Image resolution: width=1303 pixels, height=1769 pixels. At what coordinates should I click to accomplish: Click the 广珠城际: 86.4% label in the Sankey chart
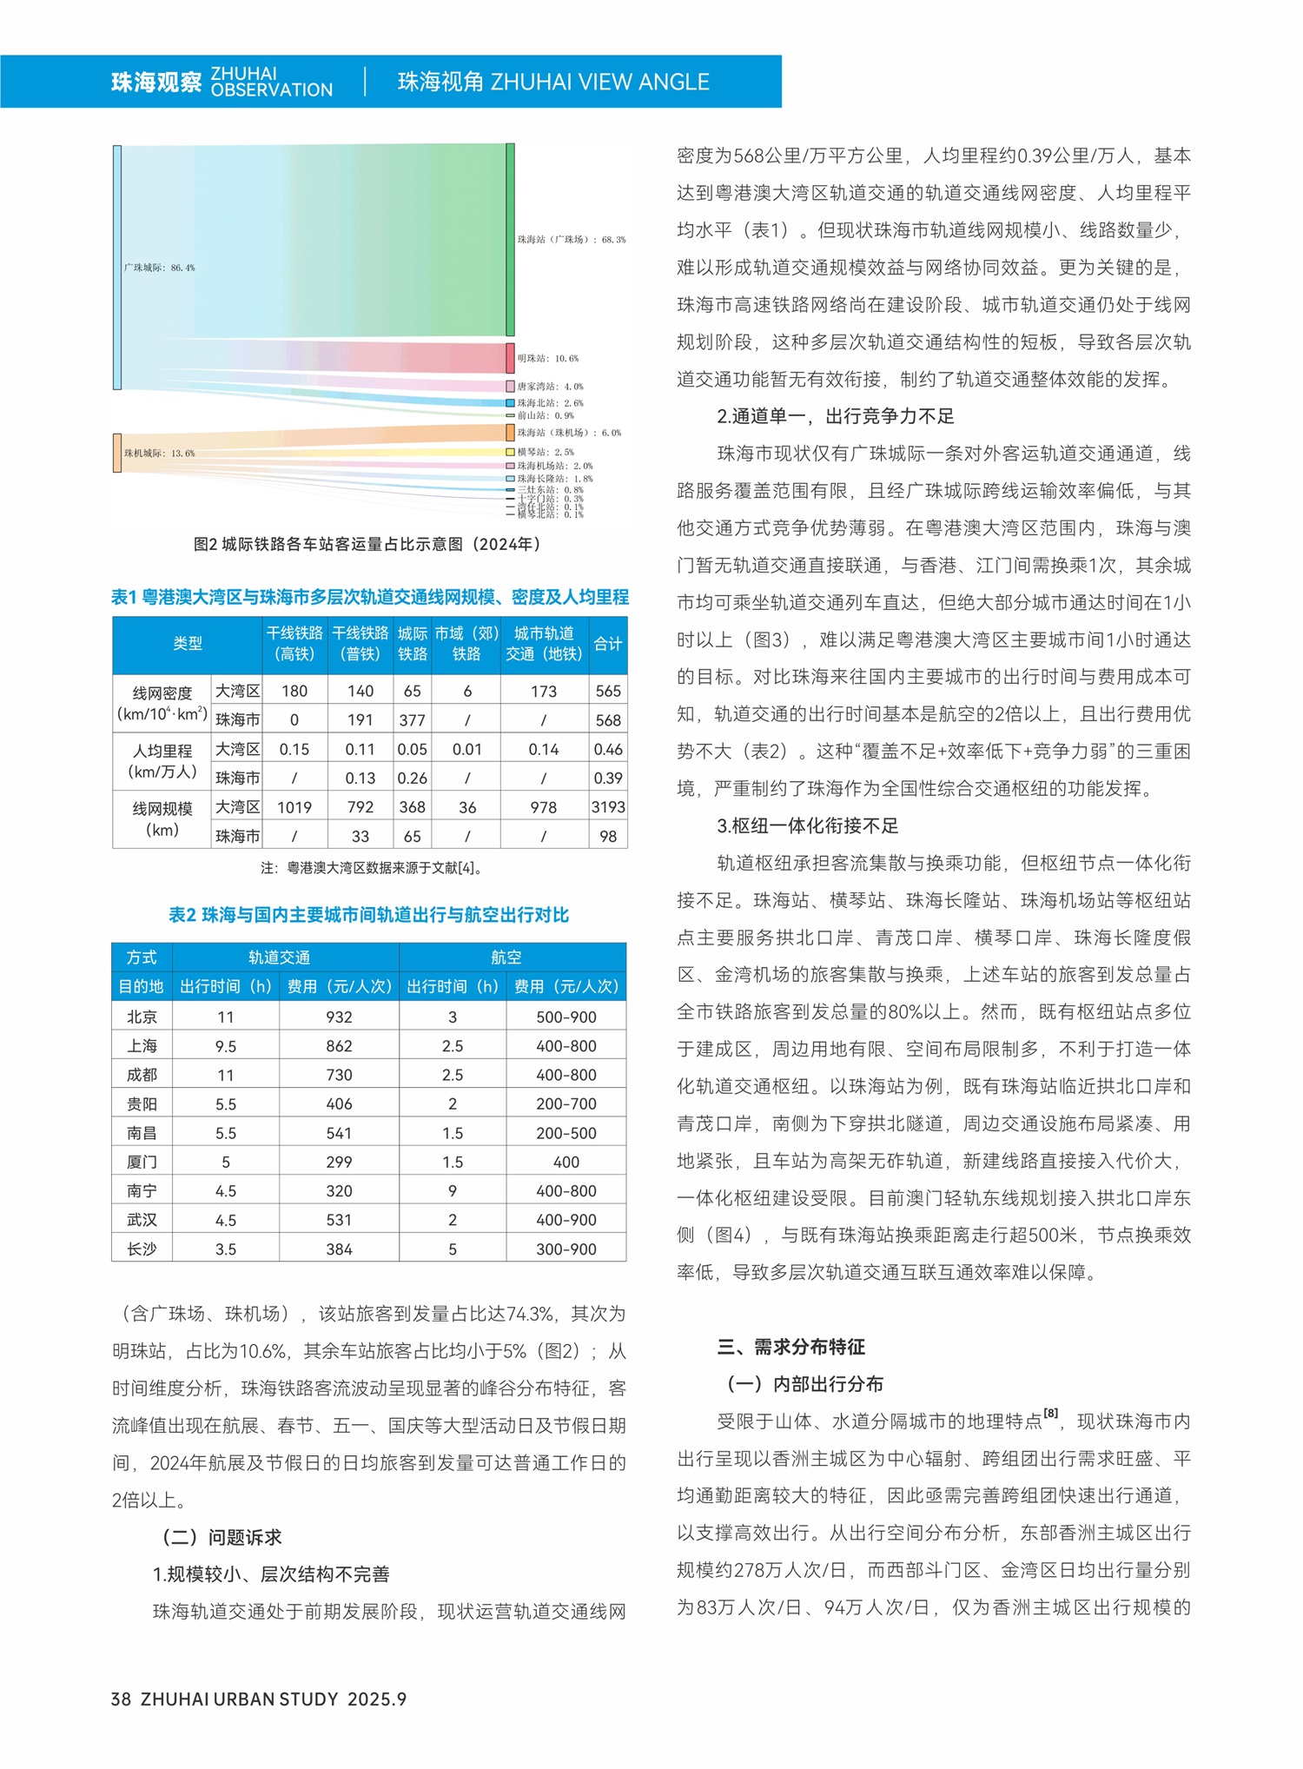click(159, 268)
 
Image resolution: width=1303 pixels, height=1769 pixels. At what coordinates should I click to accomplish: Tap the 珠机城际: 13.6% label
click(159, 454)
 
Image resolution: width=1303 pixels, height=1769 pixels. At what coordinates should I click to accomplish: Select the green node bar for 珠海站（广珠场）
click(510, 239)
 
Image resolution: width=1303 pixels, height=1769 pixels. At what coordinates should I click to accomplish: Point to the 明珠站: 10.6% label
click(547, 358)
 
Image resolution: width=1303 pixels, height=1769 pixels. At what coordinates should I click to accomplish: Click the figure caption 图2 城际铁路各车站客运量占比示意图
click(368, 544)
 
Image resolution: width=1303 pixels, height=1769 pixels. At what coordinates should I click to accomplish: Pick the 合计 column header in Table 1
click(608, 644)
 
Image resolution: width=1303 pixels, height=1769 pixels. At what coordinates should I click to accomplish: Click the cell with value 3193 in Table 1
click(608, 807)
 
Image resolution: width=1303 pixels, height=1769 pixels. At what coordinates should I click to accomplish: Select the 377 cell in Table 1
click(412, 720)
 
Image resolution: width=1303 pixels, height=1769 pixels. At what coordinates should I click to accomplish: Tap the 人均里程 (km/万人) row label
click(162, 761)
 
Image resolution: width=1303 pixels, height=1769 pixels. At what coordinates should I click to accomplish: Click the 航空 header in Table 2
click(506, 957)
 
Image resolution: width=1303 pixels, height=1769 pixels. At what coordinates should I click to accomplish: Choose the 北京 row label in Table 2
click(142, 1017)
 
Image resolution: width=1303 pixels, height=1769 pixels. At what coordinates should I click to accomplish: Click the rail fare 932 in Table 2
click(339, 1017)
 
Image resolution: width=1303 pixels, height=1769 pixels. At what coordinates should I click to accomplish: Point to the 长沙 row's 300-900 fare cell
click(566, 1249)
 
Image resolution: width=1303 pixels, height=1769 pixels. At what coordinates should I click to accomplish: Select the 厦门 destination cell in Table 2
click(142, 1162)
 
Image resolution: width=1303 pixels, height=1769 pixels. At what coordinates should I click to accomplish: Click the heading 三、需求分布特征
click(790, 1347)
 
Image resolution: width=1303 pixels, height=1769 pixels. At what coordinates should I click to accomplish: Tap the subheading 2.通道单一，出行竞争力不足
click(835, 416)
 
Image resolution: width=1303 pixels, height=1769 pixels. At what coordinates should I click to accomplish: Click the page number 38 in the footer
click(121, 1699)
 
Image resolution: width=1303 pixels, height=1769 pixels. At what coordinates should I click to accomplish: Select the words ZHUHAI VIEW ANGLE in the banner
click(600, 82)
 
